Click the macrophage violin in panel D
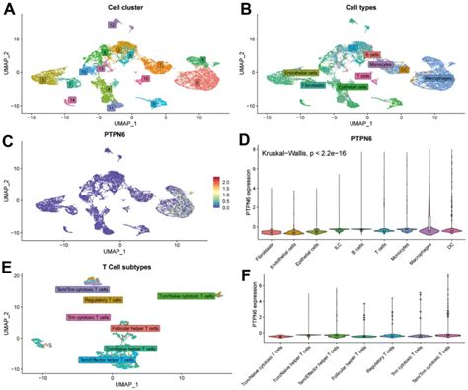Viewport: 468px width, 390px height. pyautogui.click(x=427, y=227)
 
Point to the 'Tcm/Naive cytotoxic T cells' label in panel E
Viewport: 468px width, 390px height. pyautogui.click(x=192, y=295)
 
